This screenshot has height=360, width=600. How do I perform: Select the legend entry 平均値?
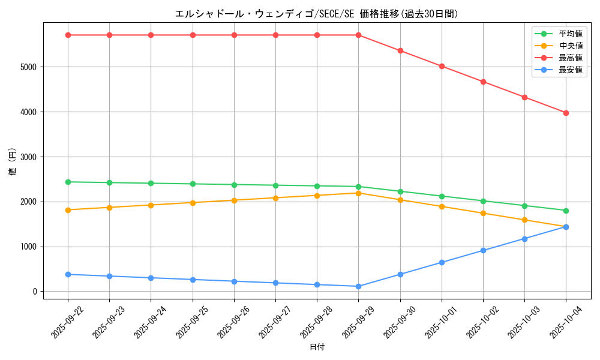click(x=570, y=34)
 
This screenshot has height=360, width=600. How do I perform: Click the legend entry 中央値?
click(x=570, y=46)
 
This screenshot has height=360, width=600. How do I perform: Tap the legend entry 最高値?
click(x=570, y=58)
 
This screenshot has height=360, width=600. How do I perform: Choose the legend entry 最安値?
click(x=570, y=70)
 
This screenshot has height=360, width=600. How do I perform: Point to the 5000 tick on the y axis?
click(x=28, y=67)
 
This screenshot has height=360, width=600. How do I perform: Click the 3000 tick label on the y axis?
click(x=28, y=157)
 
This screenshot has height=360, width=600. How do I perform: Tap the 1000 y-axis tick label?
click(x=28, y=247)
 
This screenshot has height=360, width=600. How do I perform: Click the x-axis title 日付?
click(x=316, y=347)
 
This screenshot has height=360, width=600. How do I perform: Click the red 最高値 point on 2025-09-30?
click(x=400, y=50)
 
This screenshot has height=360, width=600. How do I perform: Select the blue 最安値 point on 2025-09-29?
click(x=358, y=286)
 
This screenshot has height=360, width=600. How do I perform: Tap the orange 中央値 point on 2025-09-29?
click(x=358, y=193)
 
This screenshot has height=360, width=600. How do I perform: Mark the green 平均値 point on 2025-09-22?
click(x=68, y=182)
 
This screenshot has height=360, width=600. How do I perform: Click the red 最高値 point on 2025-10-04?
click(x=566, y=113)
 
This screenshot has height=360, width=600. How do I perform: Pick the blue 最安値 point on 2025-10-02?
click(x=483, y=250)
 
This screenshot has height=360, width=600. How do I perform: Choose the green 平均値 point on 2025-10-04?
click(x=566, y=211)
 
